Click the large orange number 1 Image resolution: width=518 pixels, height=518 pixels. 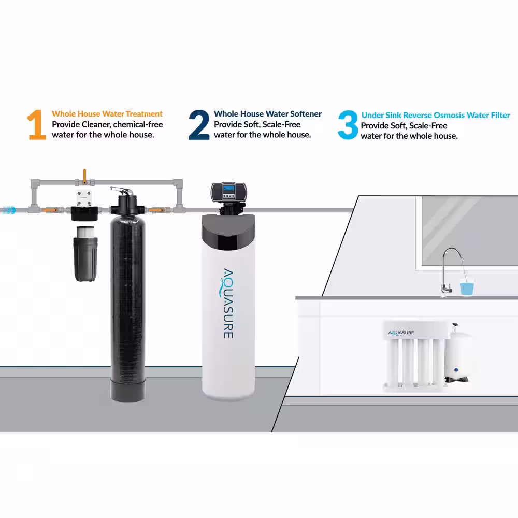point(36,125)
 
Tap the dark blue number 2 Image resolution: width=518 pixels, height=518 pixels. point(199,125)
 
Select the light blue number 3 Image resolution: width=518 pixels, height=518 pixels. point(348,125)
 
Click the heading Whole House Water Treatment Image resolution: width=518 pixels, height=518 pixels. point(107,114)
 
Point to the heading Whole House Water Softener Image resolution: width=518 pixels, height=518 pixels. point(268,114)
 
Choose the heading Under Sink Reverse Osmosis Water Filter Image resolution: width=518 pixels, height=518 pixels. point(436,116)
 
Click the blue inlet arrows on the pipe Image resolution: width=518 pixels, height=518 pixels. point(8,210)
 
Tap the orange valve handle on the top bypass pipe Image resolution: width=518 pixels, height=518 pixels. point(84,176)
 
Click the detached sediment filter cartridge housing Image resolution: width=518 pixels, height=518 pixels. point(85,254)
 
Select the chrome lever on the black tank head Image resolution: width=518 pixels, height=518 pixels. point(122,191)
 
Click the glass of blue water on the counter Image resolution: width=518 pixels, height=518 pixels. point(467,287)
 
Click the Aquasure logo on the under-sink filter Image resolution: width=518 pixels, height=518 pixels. point(401,333)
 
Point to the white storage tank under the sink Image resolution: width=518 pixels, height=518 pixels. point(457,356)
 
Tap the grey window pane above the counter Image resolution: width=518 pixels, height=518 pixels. point(470,231)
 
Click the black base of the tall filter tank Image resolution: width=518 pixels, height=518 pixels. point(128,391)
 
